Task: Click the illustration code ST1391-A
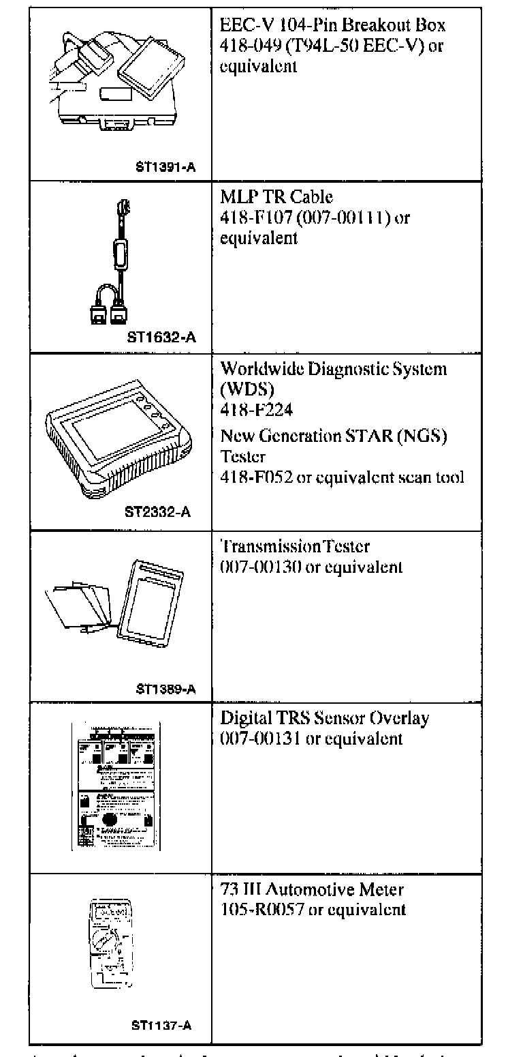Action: pos(166,165)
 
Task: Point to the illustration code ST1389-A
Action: pos(166,689)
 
